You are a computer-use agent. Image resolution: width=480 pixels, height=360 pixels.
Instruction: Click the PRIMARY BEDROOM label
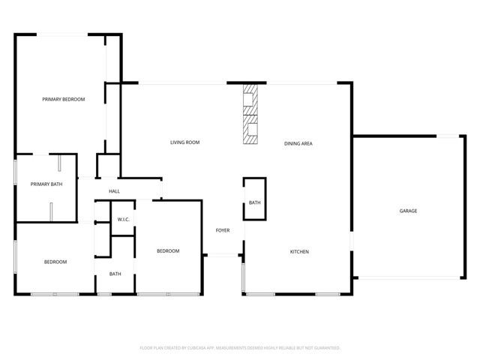point(63,99)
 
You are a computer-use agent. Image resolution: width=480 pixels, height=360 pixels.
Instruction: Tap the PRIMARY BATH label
point(45,184)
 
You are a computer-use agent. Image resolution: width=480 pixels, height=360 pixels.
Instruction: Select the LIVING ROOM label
point(184,142)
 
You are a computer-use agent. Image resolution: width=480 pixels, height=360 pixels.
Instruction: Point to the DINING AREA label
point(298,142)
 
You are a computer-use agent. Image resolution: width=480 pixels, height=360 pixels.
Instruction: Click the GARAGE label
point(408,211)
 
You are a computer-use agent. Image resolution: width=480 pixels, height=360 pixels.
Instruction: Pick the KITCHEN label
point(299,251)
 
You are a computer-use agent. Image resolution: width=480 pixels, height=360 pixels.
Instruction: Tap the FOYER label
point(223,229)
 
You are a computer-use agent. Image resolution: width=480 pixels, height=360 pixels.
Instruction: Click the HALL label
point(114,192)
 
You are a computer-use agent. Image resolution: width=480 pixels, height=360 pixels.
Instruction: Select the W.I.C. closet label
point(124,219)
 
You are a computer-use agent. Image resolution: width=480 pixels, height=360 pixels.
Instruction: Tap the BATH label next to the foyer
point(254,202)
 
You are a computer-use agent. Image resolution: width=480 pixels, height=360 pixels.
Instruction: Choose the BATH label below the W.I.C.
point(115,274)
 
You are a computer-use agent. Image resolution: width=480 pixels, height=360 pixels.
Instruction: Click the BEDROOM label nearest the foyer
point(167,250)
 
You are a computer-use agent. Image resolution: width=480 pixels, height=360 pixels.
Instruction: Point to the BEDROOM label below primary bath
point(55,262)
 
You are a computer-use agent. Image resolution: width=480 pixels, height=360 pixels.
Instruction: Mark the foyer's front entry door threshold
point(223,256)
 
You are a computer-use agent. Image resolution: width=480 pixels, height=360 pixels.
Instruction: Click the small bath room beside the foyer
point(254,196)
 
